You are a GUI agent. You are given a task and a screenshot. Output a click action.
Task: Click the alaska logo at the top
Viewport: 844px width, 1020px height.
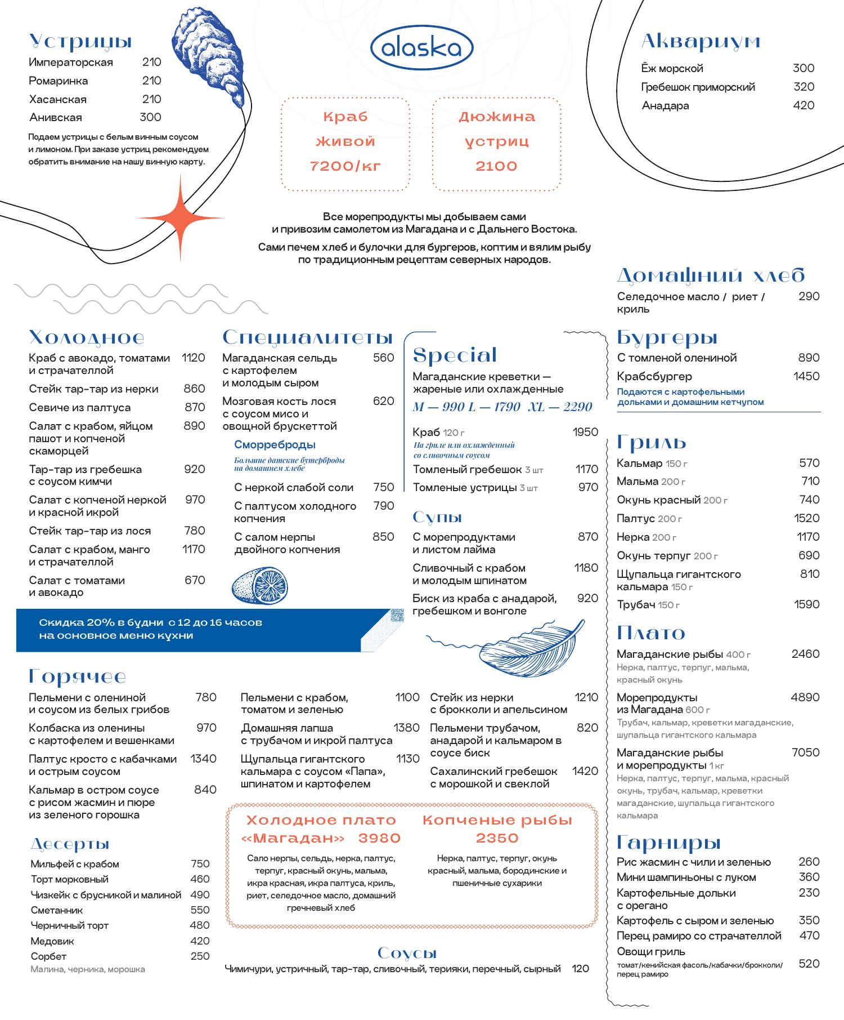pyautogui.click(x=421, y=49)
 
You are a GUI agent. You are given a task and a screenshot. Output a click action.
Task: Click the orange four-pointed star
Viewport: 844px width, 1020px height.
pyautogui.click(x=180, y=218)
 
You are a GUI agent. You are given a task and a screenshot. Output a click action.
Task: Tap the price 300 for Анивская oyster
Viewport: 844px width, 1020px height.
pyautogui.click(x=150, y=117)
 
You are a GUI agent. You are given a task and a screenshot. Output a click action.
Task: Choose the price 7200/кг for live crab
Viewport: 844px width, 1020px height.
pyautogui.click(x=345, y=166)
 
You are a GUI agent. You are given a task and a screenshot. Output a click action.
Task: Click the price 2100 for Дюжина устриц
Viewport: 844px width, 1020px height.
pyautogui.click(x=496, y=166)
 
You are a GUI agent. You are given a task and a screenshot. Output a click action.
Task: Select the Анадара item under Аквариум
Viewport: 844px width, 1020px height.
pyautogui.click(x=665, y=106)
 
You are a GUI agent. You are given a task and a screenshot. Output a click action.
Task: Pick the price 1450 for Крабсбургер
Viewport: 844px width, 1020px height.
pyautogui.click(x=806, y=376)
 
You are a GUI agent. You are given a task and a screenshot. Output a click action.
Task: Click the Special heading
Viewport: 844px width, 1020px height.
pyautogui.click(x=455, y=355)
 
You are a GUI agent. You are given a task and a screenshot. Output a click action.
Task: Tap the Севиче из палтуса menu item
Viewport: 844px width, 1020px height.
pyautogui.click(x=80, y=407)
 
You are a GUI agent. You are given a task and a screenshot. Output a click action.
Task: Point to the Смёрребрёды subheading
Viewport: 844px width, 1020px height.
pyautogui.click(x=275, y=445)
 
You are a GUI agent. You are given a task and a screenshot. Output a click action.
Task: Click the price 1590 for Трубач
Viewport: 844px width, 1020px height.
pyautogui.click(x=806, y=604)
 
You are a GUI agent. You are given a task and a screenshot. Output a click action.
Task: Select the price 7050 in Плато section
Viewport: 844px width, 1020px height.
pyautogui.click(x=805, y=752)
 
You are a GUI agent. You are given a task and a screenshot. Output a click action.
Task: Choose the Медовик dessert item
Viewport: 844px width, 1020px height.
pyautogui.click(x=52, y=941)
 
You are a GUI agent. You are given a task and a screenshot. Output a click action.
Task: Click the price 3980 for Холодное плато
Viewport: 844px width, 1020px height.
pyautogui.click(x=379, y=839)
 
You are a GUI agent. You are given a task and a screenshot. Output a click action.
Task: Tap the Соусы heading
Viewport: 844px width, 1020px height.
pyautogui.click(x=407, y=954)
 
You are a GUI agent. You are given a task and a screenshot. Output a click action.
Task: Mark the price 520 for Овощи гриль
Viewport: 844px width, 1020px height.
pyautogui.click(x=809, y=964)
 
